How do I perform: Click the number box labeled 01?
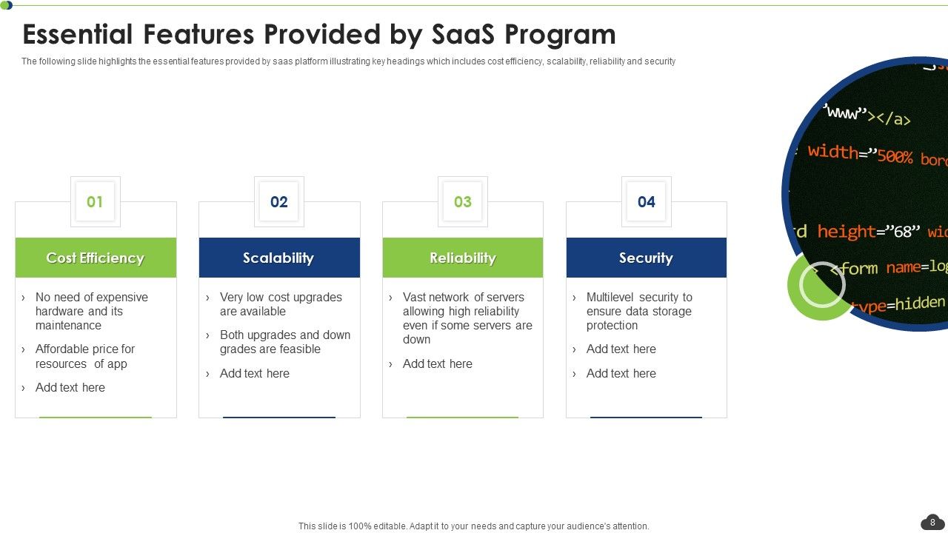tap(95, 201)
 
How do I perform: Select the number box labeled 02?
tap(278, 201)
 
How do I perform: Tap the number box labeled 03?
tap(462, 201)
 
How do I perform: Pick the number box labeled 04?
tap(646, 201)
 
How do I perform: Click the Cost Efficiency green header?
tap(96, 258)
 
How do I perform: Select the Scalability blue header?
tap(279, 258)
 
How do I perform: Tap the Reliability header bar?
tap(463, 258)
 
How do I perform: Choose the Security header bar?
tap(647, 258)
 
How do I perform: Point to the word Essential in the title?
tap(79, 35)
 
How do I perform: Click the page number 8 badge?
tap(932, 523)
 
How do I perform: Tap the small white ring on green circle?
tap(822, 285)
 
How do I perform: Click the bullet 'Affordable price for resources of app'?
tap(84, 356)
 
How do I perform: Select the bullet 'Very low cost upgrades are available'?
tap(280, 304)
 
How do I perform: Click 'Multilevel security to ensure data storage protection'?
tap(638, 311)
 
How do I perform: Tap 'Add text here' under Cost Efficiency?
tap(70, 387)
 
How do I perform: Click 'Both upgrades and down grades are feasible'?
tap(284, 342)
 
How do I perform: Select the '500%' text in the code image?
tap(895, 156)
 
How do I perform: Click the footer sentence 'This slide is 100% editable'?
tap(473, 526)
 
